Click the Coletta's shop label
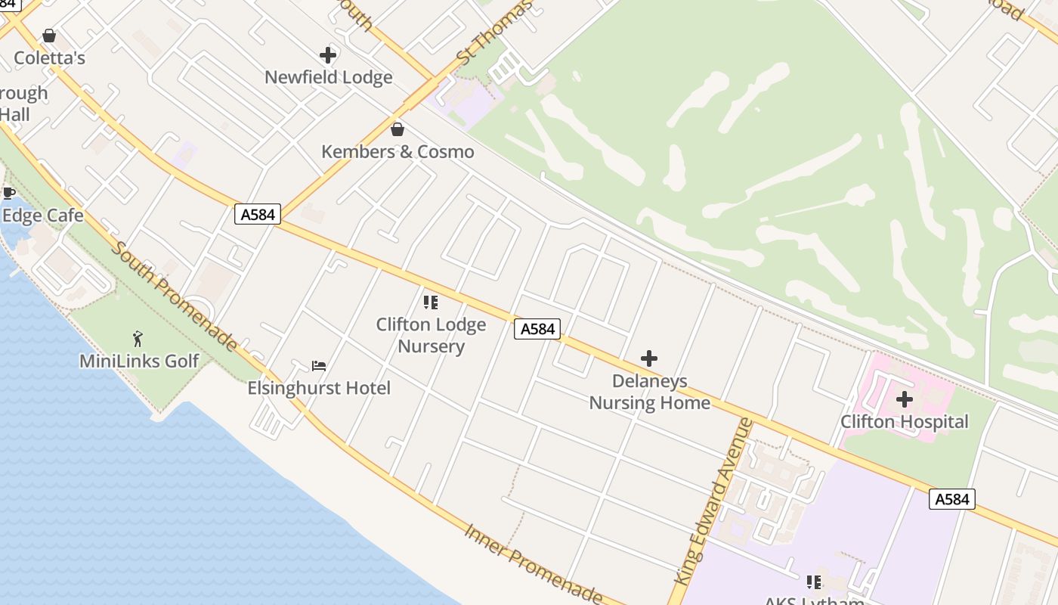tap(49, 58)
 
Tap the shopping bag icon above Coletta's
tap(49, 36)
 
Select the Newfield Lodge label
tap(328, 77)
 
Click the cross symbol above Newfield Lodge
tap(328, 55)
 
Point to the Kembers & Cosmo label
tap(398, 151)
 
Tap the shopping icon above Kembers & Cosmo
tap(398, 129)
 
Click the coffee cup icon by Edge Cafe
tap(8, 194)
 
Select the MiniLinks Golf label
tap(139, 361)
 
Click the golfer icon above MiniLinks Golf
tap(138, 339)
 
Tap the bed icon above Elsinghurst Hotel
tap(319, 366)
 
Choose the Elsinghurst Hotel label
tap(319, 388)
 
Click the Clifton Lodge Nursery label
tap(431, 335)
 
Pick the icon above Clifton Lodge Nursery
tap(431, 302)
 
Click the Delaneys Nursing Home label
tap(649, 391)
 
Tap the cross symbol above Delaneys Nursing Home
tap(649, 358)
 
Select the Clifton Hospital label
tap(904, 421)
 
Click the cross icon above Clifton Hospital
tap(904, 399)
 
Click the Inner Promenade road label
tap(533, 563)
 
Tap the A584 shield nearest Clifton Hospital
tap(951, 499)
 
